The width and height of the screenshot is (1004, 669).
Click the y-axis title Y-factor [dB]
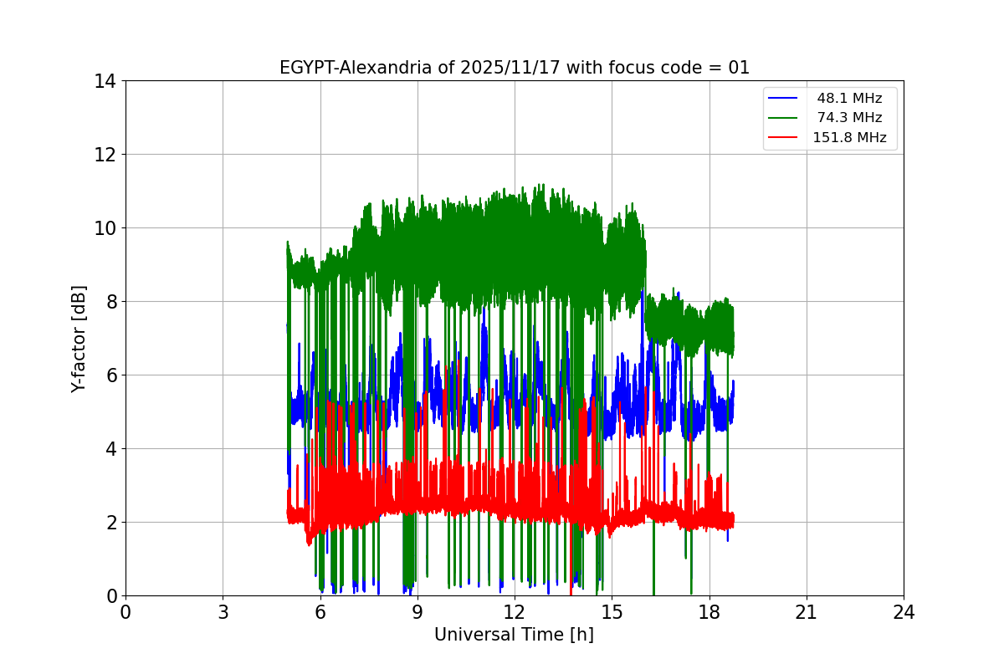(79, 338)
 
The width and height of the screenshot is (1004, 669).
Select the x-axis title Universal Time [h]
(514, 635)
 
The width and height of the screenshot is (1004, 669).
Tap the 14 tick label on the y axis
(105, 81)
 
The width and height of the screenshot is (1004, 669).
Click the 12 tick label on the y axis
(105, 155)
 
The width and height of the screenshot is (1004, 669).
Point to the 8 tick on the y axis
(110, 302)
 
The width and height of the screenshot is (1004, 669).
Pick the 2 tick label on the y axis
(110, 523)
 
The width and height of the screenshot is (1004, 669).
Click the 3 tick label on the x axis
(223, 612)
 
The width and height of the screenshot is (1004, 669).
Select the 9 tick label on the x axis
(417, 612)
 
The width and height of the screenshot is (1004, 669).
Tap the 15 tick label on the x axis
(612, 612)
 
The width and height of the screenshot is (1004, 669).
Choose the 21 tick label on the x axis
(806, 612)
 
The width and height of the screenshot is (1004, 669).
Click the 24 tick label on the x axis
(904, 612)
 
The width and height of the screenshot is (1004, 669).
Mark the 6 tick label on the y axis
(110, 375)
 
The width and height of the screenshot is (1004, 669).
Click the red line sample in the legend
(785, 137)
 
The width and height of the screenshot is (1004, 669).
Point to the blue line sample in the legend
(785, 99)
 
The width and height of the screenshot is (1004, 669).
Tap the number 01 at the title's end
(739, 69)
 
